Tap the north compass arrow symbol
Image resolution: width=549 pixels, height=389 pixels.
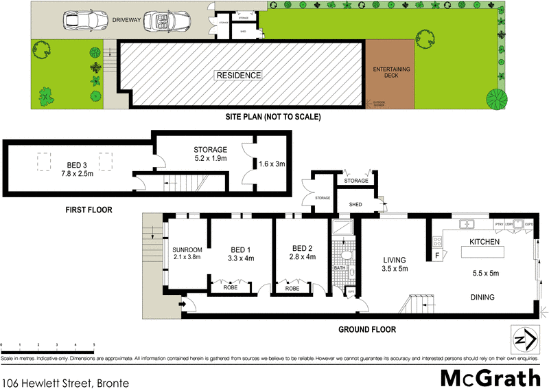[525, 340]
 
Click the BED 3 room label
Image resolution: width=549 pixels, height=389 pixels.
[76, 165]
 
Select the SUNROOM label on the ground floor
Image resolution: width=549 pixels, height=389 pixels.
[187, 249]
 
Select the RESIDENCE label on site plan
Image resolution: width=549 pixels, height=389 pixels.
[239, 75]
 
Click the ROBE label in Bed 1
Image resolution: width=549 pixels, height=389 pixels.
[231, 288]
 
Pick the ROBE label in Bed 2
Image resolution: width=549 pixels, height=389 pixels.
[293, 288]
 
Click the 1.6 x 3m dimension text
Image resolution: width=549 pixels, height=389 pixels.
[272, 164]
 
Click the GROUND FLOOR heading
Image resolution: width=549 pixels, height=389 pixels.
[366, 329]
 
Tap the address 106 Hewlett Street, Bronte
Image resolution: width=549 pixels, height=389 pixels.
[65, 379]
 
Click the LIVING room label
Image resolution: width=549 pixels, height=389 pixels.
[395, 260]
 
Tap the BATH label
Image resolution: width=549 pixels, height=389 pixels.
[340, 267]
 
